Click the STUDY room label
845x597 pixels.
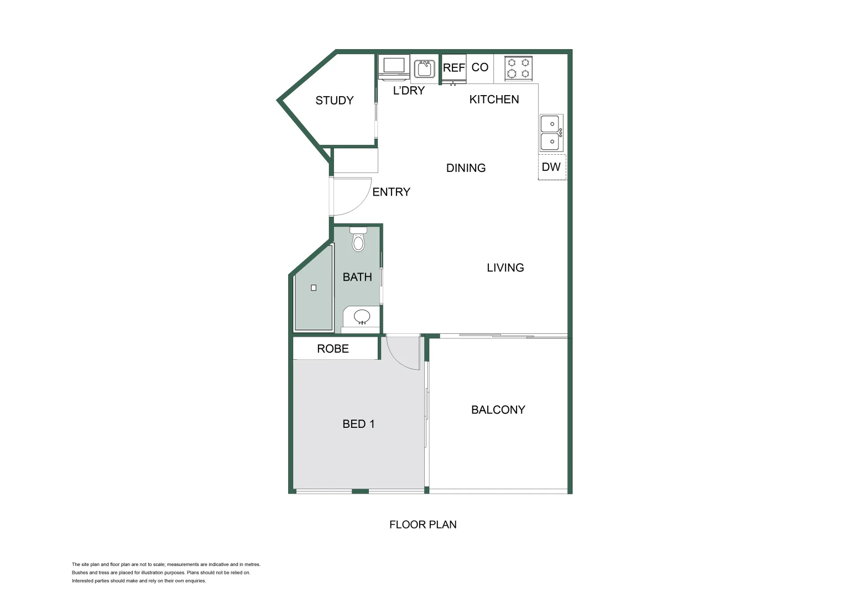334,100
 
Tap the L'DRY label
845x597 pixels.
409,91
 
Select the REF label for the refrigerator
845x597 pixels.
453,68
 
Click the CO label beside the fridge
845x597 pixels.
480,67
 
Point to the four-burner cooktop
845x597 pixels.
519,68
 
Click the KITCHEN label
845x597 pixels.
494,99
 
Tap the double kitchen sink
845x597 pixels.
551,133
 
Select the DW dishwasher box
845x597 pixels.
551,167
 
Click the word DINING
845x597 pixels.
466,168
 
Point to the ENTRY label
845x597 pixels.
391,192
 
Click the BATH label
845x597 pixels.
357,277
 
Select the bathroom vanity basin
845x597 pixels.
362,317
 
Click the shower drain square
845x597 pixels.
314,287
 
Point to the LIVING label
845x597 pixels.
505,268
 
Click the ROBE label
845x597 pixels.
333,349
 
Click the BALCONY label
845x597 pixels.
498,410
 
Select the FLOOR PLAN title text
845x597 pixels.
423,525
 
